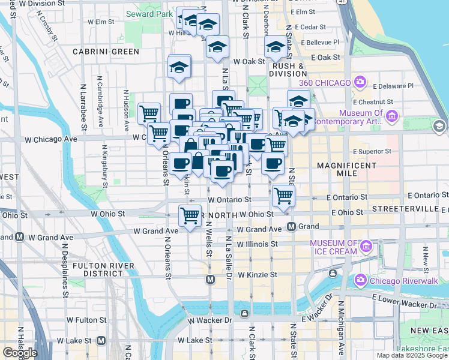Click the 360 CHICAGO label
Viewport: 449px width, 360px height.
coord(326,80)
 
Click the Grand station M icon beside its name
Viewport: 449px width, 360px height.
coord(291,226)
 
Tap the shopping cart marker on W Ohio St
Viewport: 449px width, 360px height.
coord(190,215)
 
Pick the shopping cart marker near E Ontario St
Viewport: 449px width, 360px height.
coord(283,195)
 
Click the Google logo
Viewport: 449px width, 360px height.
coord(20,352)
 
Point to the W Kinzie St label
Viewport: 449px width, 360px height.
coord(258,275)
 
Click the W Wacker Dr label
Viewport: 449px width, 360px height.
coord(209,321)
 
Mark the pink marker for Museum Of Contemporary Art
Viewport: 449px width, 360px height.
coord(393,116)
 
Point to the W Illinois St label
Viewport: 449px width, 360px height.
coord(258,244)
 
